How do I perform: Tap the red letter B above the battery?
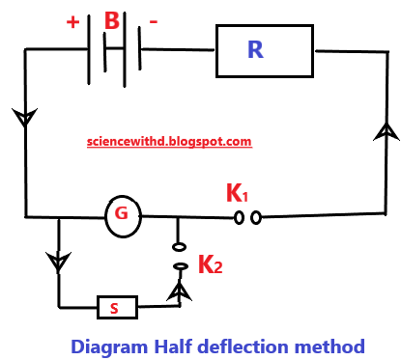113,20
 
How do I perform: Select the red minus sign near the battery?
154,20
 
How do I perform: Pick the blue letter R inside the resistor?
256,50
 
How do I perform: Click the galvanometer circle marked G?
123,215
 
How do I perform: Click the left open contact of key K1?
239,219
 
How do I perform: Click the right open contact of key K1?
256,219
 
